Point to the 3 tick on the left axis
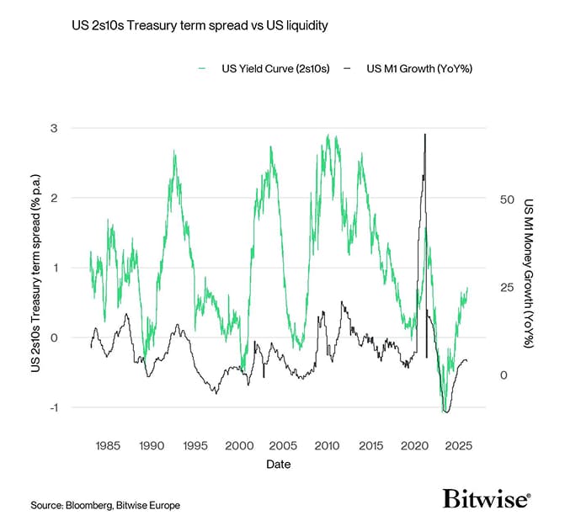[75, 128]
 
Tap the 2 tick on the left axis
[75, 198]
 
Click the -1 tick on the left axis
[73, 407]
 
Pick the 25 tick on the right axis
[505, 287]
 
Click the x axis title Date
[283, 464]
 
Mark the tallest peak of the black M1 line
[425, 135]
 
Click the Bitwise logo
[486, 500]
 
